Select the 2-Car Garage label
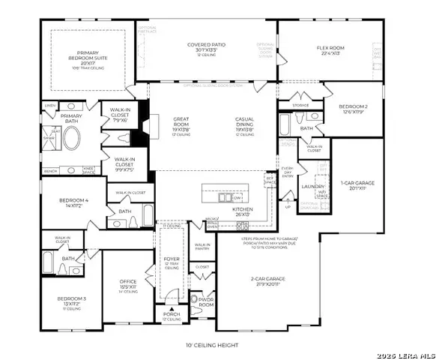(264, 281)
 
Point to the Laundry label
(312, 187)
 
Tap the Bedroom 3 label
(73, 301)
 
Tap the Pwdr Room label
(205, 302)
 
